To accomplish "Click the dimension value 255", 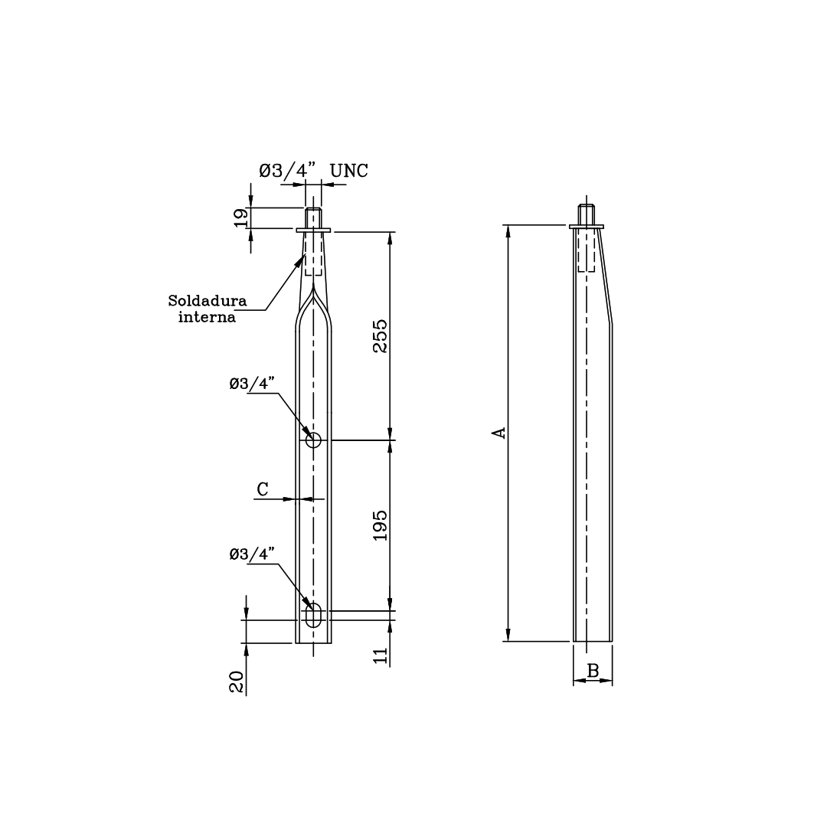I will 381,335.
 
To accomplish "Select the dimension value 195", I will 381,525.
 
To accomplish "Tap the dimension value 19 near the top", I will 240,218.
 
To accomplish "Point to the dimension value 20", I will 237,682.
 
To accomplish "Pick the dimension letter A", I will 498,433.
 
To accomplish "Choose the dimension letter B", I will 593,672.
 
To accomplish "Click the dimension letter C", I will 263,489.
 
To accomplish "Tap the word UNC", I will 348,171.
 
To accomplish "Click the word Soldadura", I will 208,300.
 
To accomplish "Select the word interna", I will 207,316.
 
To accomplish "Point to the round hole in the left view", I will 313,440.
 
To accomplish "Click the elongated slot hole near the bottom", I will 314,616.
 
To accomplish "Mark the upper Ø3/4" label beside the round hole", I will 251,384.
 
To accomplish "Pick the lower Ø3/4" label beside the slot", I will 251,554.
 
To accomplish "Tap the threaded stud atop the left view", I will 313,217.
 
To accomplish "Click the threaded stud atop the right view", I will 587,215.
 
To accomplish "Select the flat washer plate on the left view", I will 313,229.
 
